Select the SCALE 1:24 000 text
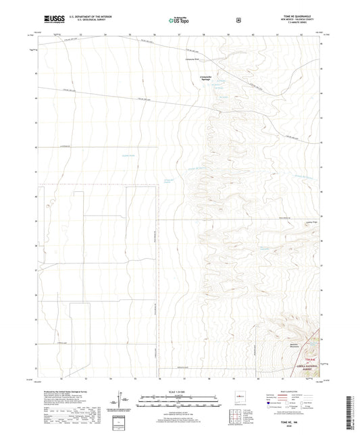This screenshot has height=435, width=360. click(180, 392)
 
